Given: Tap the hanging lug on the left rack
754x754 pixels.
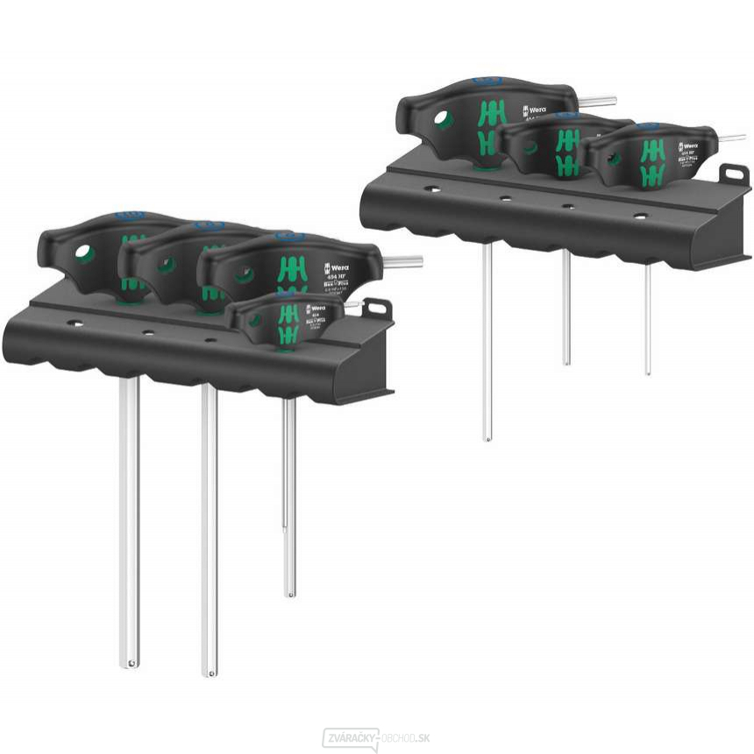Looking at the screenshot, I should click(x=377, y=309).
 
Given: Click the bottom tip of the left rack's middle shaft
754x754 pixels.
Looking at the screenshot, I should click(x=209, y=672).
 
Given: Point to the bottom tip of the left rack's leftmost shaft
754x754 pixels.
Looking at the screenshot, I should click(x=130, y=663).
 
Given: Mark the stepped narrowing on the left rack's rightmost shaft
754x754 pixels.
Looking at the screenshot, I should click(x=288, y=526).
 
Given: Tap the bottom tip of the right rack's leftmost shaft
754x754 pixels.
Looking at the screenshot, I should click(x=487, y=436).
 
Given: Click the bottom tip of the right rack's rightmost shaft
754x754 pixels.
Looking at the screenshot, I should click(x=648, y=371).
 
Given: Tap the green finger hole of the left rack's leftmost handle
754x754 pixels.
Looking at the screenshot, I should click(x=84, y=254).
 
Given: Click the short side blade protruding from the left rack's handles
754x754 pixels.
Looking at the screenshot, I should click(x=402, y=260).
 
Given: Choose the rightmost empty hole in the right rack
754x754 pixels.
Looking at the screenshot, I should click(x=640, y=216).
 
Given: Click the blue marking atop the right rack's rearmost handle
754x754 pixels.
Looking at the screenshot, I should click(x=487, y=81).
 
